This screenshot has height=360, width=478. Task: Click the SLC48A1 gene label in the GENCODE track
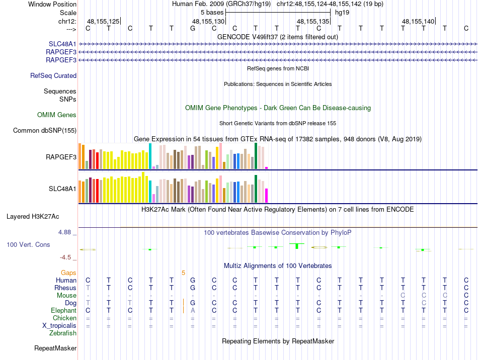click(x=62, y=44)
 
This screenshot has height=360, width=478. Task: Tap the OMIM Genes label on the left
click(x=57, y=115)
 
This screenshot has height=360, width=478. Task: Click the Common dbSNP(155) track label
click(x=45, y=131)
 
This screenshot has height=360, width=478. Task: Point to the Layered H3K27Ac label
click(x=33, y=217)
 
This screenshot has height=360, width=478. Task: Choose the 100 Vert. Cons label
click(x=28, y=245)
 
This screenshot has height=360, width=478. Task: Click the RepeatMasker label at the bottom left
click(x=55, y=348)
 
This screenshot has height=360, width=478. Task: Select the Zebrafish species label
click(x=63, y=333)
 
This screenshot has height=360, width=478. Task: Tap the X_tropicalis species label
click(x=59, y=325)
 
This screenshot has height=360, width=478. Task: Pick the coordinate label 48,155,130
click(x=208, y=21)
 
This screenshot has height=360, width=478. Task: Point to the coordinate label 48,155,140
click(x=418, y=21)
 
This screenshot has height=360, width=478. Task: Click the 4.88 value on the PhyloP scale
click(x=65, y=232)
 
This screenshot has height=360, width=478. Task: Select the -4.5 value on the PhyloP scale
click(x=65, y=257)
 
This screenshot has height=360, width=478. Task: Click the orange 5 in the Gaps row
click(x=184, y=273)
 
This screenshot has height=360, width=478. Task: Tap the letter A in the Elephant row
click(x=193, y=311)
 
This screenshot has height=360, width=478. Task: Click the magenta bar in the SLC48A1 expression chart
click(x=267, y=195)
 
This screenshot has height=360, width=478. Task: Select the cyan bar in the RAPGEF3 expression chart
click(x=150, y=156)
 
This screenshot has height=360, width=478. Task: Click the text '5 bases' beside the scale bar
click(x=211, y=12)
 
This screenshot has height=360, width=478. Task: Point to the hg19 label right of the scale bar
click(x=342, y=12)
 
